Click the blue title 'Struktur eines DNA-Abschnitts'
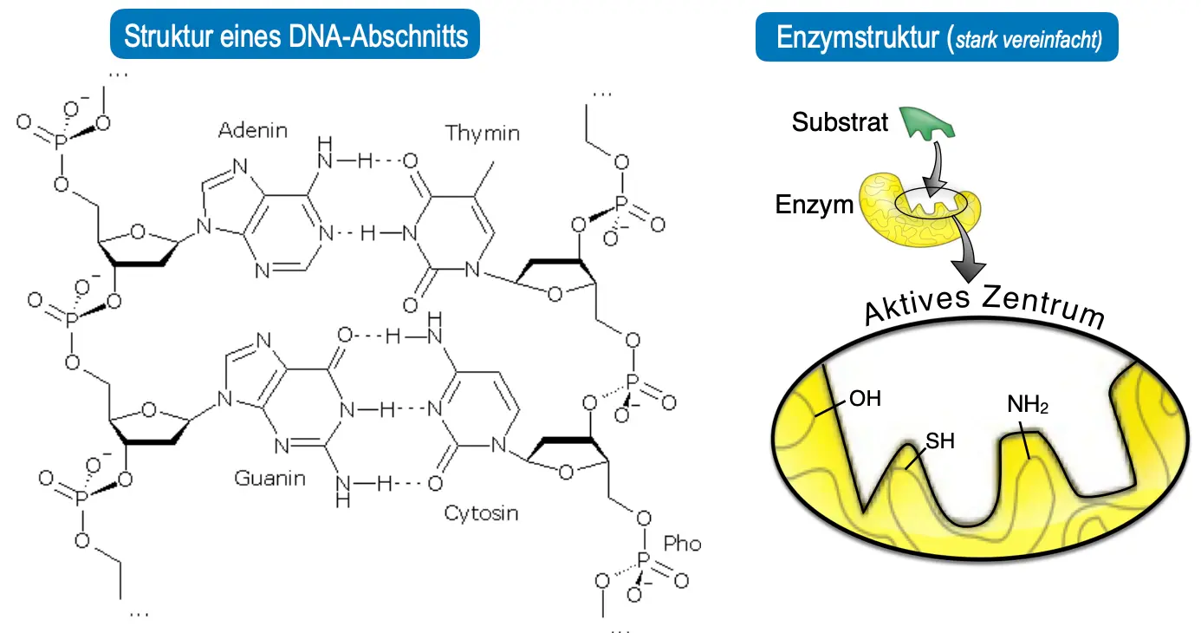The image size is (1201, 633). [295, 36]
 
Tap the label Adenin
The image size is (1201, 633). [252, 131]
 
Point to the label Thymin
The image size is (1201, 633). [483, 134]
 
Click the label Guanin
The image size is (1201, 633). [269, 478]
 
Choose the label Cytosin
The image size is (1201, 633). [482, 512]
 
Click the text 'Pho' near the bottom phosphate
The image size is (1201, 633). [682, 545]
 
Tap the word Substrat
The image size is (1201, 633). [840, 123]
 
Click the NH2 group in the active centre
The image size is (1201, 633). [1028, 404]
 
